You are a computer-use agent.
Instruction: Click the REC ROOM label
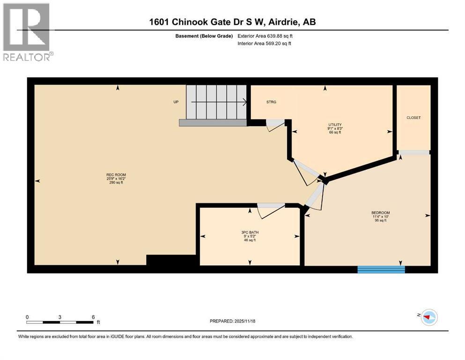pyautogui.click(x=116, y=175)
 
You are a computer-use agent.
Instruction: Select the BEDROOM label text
pyautogui.click(x=380, y=213)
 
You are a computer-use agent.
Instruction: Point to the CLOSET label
pyautogui.click(x=413, y=118)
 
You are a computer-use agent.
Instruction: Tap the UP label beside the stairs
pyautogui.click(x=176, y=102)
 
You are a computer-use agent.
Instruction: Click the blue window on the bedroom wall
pyautogui.click(x=381, y=269)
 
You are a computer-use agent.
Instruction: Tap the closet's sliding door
pyautogui.click(x=414, y=152)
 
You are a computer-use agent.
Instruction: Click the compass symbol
pyautogui.click(x=428, y=317)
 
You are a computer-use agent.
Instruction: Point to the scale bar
pyautogui.click(x=60, y=322)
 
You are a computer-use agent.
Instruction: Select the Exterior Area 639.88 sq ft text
pyautogui.click(x=265, y=36)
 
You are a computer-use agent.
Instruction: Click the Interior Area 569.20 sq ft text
pyautogui.click(x=265, y=44)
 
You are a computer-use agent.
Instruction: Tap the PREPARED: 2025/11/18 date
pyautogui.click(x=232, y=321)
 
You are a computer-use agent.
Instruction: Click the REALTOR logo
pyautogui.click(x=27, y=32)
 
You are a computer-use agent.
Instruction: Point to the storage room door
pyautogui.click(x=275, y=125)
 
